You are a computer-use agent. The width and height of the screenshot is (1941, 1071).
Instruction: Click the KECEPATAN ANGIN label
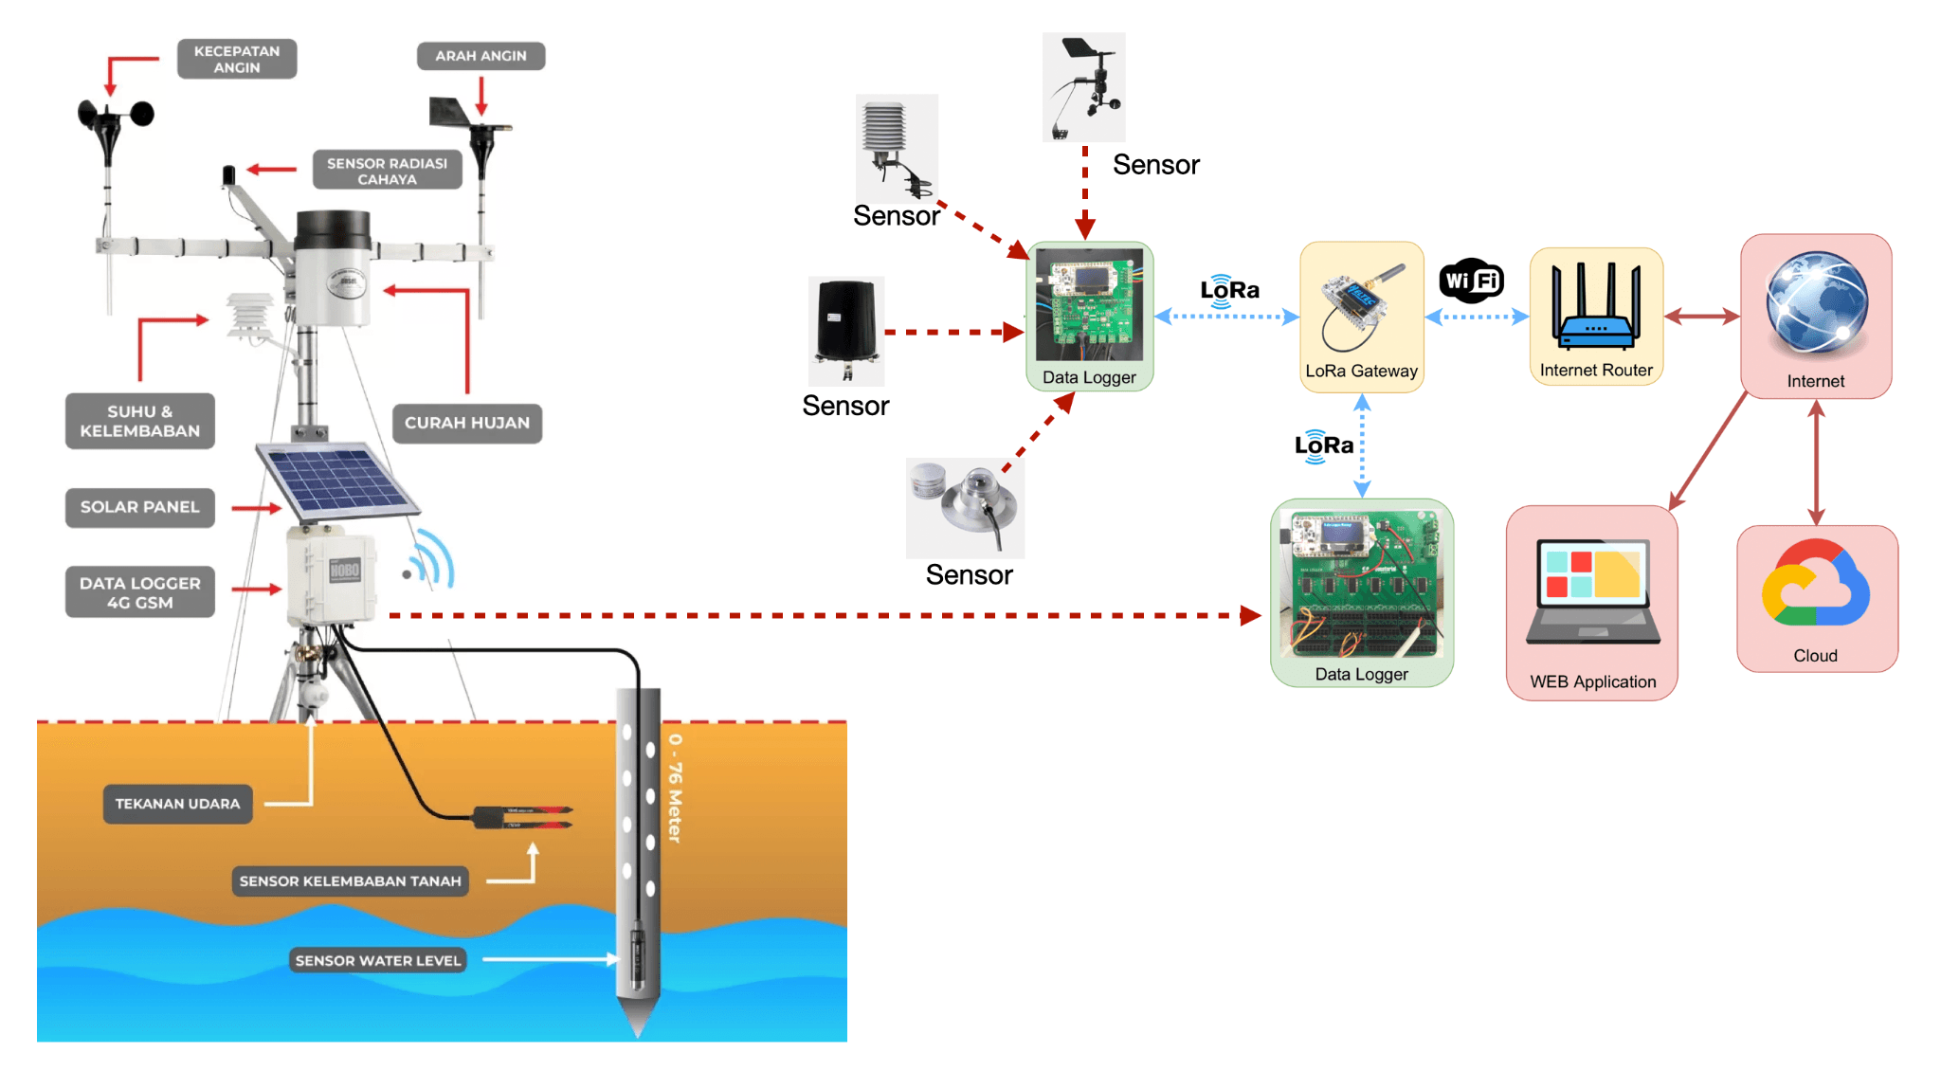[x=237, y=59]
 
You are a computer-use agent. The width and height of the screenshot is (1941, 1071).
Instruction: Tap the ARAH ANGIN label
[x=481, y=56]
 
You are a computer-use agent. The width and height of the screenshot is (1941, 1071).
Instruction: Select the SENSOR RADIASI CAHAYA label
[x=387, y=171]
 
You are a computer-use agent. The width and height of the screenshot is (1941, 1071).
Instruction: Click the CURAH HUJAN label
[x=467, y=423]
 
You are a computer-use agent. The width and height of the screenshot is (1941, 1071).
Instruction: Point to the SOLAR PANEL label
[x=139, y=507]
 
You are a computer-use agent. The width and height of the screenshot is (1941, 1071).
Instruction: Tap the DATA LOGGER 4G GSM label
[x=139, y=592]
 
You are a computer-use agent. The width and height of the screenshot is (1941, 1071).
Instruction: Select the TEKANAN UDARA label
[x=177, y=804]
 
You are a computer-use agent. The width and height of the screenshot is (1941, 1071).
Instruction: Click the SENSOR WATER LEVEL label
[x=377, y=960]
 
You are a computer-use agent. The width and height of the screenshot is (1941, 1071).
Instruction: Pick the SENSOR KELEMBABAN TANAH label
[x=350, y=881]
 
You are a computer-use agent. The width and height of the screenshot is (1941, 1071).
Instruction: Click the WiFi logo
[x=1472, y=281]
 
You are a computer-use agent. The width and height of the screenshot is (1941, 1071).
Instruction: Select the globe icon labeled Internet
[x=1816, y=302]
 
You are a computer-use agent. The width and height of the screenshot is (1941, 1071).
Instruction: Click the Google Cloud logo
[x=1816, y=585]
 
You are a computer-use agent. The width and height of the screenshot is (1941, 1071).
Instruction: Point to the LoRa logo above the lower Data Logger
[x=1323, y=445]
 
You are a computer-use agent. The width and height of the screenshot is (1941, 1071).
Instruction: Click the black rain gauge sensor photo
[x=845, y=326]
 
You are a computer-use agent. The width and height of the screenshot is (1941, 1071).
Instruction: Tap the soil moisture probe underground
[x=522, y=817]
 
